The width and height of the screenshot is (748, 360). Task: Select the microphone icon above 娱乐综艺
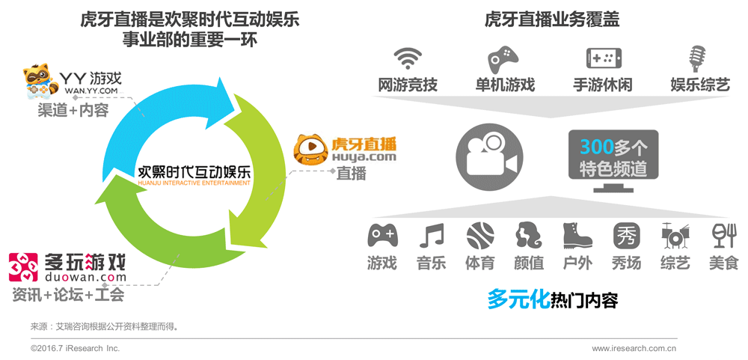tap(697, 58)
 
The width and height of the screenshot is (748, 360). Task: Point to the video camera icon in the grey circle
tap(487, 153)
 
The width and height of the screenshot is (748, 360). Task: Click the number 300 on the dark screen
tap(596, 145)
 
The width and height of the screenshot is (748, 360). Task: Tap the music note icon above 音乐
tap(432, 237)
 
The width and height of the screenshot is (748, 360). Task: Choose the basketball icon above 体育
tap(479, 237)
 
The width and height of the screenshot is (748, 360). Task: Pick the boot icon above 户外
tap(577, 237)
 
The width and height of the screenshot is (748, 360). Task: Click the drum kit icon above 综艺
tap(675, 237)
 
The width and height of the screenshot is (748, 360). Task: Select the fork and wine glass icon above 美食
tap(723, 236)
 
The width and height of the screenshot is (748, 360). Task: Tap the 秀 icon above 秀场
tap(626, 237)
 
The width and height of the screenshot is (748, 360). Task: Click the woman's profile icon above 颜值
tap(529, 237)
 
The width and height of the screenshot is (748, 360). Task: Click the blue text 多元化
tap(517, 299)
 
